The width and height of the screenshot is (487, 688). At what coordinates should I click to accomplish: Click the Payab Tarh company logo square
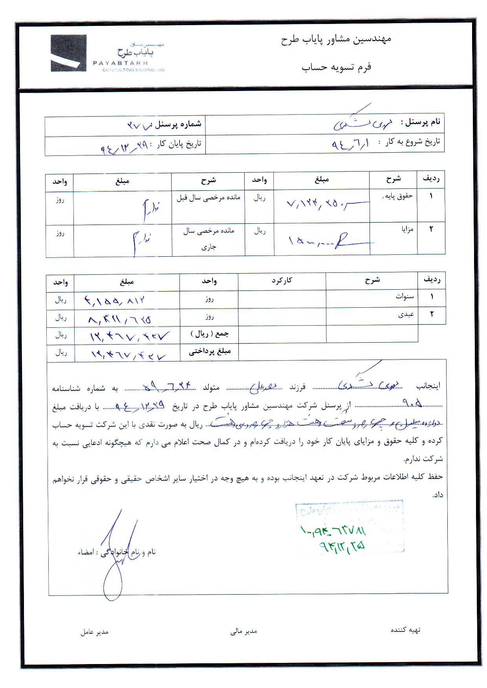pyautogui.click(x=68, y=53)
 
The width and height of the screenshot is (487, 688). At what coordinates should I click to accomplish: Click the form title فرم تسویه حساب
pyautogui.click(x=337, y=67)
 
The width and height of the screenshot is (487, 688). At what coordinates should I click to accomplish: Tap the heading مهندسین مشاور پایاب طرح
pyautogui.click(x=336, y=40)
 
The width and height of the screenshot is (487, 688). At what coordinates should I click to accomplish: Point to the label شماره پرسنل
pyautogui.click(x=178, y=124)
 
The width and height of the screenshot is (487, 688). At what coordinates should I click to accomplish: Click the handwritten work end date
pyautogui.click(x=124, y=147)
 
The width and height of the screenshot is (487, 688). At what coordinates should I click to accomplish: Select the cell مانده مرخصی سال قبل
pyautogui.click(x=208, y=198)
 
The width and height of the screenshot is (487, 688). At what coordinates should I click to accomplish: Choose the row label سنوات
pyautogui.click(x=405, y=297)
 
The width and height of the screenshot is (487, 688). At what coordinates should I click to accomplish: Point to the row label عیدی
pyautogui.click(x=406, y=314)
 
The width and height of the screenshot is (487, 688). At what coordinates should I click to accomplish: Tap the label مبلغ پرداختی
pyautogui.click(x=210, y=351)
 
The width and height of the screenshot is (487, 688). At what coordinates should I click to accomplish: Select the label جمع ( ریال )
pyautogui.click(x=210, y=334)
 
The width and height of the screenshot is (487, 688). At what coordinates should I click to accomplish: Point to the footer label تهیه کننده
pyautogui.click(x=405, y=630)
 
